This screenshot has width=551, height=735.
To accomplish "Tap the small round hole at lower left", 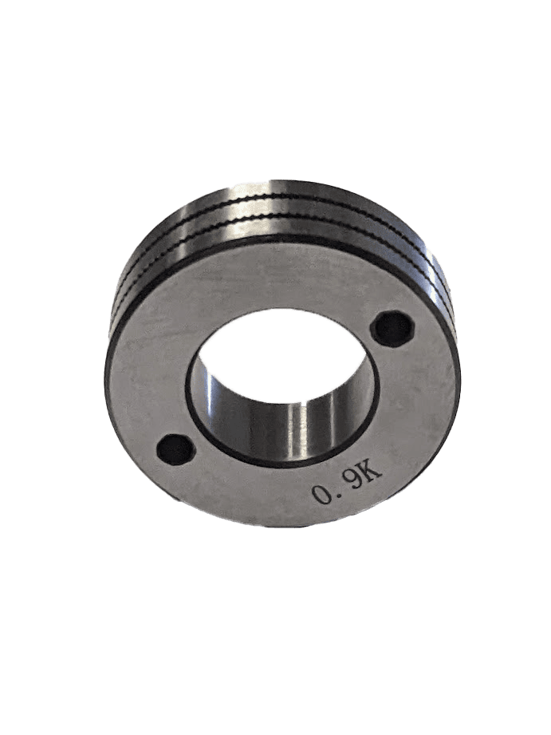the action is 175,449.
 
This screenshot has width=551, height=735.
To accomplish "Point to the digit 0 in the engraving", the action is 323,494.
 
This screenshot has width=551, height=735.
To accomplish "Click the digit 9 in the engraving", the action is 354,483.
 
